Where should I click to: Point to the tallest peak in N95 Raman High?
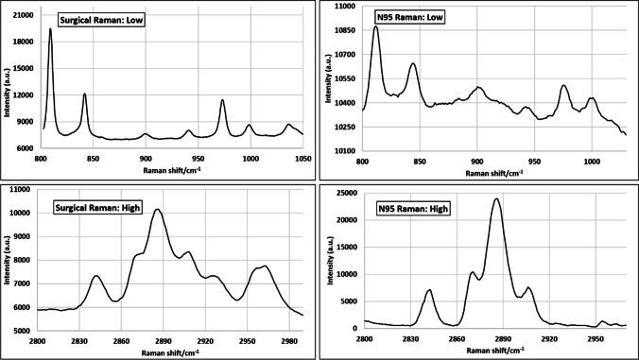[x=495, y=198]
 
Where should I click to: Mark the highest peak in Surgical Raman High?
[x=157, y=209]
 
